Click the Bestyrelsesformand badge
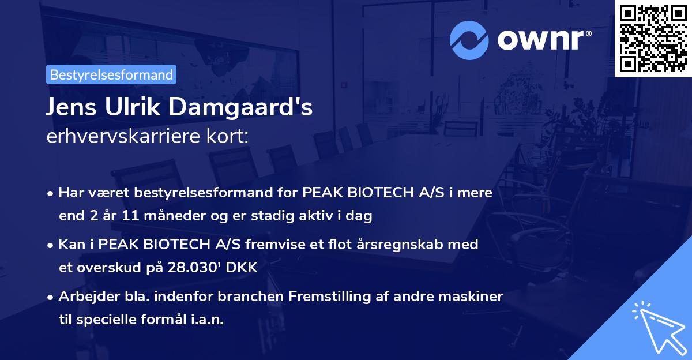[111, 74]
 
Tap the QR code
[653, 38]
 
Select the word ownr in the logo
[543, 41]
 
